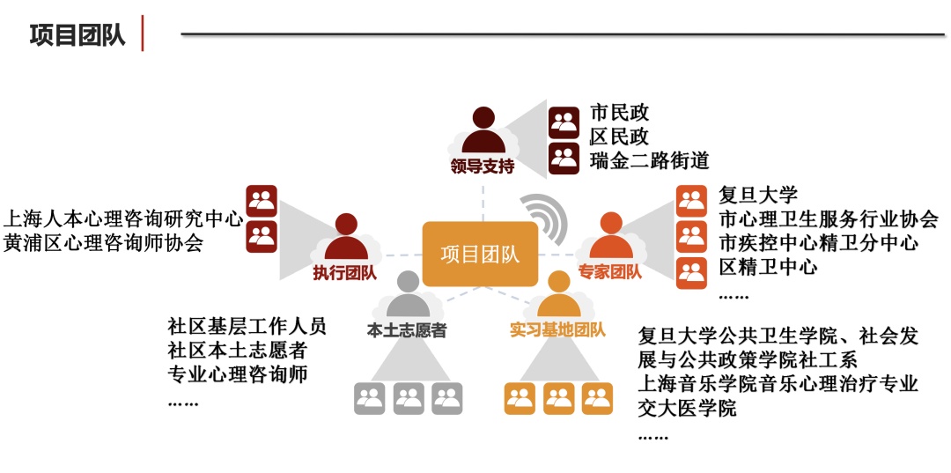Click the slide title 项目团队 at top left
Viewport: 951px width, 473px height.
pyautogui.click(x=77, y=35)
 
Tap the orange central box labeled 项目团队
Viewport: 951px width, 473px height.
pyautogui.click(x=480, y=255)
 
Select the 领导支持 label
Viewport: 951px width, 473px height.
pyautogui.click(x=482, y=166)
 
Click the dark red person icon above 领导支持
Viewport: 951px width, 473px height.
pyautogui.click(x=482, y=130)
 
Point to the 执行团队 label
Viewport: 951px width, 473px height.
pyautogui.click(x=344, y=273)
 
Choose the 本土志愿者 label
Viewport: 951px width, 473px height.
pyautogui.click(x=407, y=331)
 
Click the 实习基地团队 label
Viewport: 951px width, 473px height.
pyautogui.click(x=557, y=330)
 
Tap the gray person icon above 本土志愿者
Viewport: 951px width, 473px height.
pyautogui.click(x=407, y=295)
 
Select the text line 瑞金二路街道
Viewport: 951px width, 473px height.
pyautogui.click(x=649, y=160)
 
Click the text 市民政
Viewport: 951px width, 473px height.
pyautogui.click(x=619, y=113)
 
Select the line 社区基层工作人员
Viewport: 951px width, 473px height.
pyautogui.click(x=247, y=326)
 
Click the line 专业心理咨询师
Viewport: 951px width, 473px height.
pyautogui.click(x=238, y=373)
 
